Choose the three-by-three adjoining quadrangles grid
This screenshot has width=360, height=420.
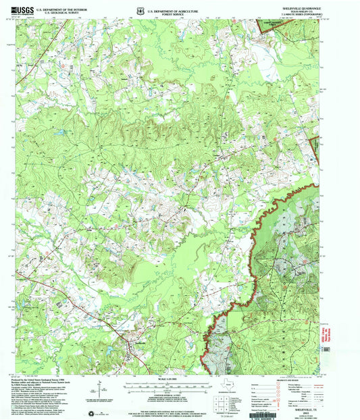(x=221, y=402)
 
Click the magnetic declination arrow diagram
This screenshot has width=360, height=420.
(x=100, y=390)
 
